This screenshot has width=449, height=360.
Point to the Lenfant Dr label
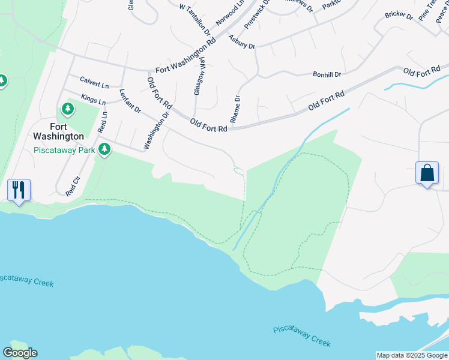click(130, 101)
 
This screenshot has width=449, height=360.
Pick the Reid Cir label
click(73, 185)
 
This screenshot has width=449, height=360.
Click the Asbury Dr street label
click(242, 42)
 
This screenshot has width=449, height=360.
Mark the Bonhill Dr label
click(327, 74)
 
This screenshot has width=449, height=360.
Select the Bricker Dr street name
click(399, 15)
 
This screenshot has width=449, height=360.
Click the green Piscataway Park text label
click(64, 149)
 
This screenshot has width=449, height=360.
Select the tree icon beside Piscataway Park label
click(105, 149)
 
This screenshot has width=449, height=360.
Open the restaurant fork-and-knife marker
click(19, 190)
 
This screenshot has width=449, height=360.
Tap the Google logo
click(20, 353)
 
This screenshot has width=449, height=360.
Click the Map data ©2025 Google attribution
click(412, 355)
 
